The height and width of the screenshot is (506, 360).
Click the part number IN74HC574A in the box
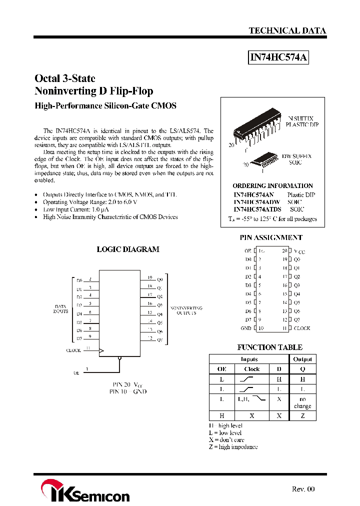[x=278, y=58]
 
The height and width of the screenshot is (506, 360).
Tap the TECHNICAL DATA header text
[x=287, y=30]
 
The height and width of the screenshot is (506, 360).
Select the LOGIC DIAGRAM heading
[x=128, y=249]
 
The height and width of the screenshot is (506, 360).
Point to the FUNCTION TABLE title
[x=269, y=347]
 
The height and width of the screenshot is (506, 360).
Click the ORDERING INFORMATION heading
[x=272, y=185]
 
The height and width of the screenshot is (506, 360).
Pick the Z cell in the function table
[x=302, y=415]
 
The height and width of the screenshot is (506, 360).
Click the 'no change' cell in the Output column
[x=302, y=402]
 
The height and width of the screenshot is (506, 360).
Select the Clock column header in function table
[x=251, y=369]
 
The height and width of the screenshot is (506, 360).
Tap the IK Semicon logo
[x=85, y=491]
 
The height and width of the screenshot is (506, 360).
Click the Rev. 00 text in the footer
[x=303, y=489]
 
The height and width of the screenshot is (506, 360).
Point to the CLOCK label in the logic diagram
[x=73, y=350]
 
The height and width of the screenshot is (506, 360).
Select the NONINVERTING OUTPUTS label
[x=186, y=310]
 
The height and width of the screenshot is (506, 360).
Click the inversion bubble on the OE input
[x=119, y=358]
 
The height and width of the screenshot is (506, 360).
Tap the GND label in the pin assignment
[x=246, y=328]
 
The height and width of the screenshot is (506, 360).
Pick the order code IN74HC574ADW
[x=257, y=202]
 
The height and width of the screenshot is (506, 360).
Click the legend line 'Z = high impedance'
[x=233, y=446]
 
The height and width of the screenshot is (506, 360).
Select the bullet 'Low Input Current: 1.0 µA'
[x=75, y=209]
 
